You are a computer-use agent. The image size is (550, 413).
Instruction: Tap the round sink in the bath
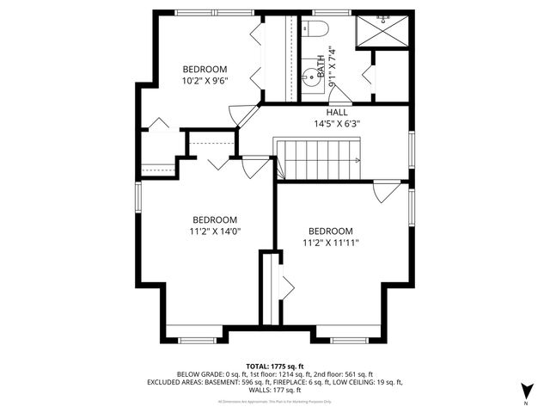pyautogui.click(x=309, y=76)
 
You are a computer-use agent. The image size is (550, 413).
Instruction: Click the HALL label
pyautogui.click(x=337, y=113)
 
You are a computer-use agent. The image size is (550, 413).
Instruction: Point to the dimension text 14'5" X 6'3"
pyautogui.click(x=337, y=123)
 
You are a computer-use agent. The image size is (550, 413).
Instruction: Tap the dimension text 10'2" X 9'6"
pyautogui.click(x=205, y=81)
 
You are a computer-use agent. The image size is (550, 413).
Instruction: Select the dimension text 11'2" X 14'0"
pyautogui.click(x=215, y=231)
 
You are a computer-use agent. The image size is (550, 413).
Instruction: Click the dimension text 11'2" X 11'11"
pyautogui.click(x=331, y=243)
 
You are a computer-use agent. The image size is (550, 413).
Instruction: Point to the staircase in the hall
pyautogui.click(x=318, y=159)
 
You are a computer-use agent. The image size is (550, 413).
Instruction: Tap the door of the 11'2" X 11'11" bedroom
pyautogui.click(x=386, y=189)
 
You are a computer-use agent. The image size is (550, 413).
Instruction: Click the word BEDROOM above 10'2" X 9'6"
pyautogui.click(x=205, y=70)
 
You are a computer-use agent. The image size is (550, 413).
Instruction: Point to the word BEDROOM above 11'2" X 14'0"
pyautogui.click(x=215, y=219)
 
